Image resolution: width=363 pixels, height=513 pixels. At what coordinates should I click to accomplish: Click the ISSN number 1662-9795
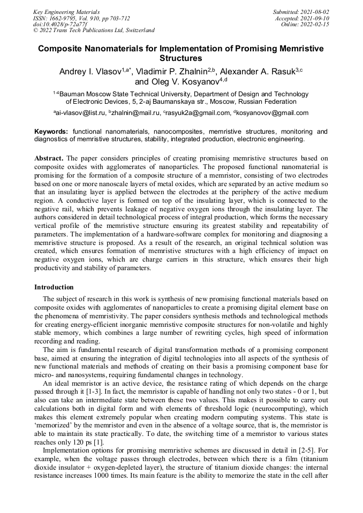64,18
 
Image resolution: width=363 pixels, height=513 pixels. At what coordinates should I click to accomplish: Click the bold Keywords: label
51,132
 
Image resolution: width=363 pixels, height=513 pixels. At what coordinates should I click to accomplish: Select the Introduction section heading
54,287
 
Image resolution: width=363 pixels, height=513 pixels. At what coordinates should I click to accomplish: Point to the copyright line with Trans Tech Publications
94,30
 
